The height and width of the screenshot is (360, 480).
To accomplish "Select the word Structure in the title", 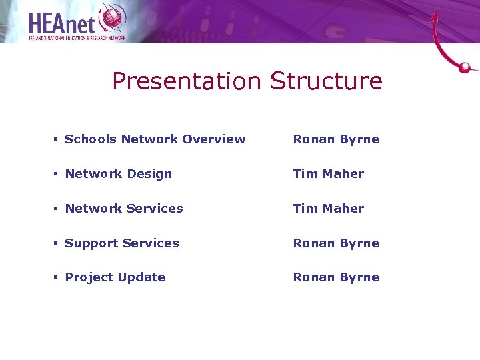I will [326, 81].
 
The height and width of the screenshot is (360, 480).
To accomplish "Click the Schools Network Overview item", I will [155, 139].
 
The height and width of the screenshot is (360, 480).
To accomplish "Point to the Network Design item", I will [118, 174].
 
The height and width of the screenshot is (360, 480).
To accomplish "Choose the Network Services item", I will [123, 209].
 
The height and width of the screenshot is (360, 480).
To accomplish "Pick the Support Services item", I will [121, 243].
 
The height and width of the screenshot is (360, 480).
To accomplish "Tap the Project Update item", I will [115, 277].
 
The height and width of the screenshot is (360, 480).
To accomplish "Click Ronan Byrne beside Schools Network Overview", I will [336, 139].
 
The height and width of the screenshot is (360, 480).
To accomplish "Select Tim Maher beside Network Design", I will [329, 174].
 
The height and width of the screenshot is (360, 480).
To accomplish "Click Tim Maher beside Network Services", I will [329, 209].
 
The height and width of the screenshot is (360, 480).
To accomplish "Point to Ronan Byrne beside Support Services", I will [336, 243].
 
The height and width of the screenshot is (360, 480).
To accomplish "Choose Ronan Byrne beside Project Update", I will [336, 277].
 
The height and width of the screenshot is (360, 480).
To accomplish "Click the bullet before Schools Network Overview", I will [56, 139].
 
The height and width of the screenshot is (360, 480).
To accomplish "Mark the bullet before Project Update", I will [56, 277].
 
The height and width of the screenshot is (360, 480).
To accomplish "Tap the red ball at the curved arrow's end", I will [465, 67].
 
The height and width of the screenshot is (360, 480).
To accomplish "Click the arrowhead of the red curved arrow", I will [435, 16].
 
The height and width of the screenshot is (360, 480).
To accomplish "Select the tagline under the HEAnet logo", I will [77, 39].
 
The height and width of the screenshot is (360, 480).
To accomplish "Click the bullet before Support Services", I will [56, 243].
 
